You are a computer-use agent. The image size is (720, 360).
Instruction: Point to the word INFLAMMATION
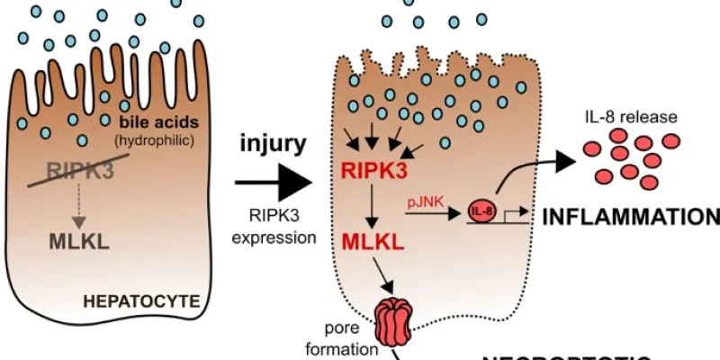[630, 217]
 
